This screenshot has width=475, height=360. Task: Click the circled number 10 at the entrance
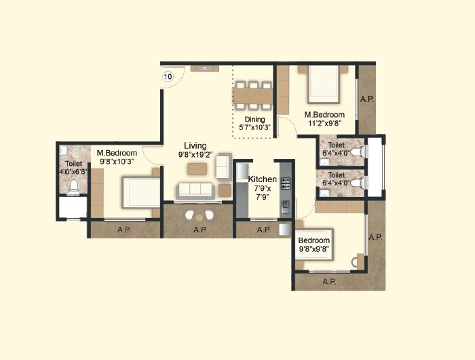pyautogui.click(x=168, y=77)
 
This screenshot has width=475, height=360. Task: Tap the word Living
pyautogui.click(x=195, y=145)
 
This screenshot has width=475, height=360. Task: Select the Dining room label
pyautogui.click(x=254, y=120)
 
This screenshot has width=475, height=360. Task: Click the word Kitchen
pyautogui.click(x=262, y=179)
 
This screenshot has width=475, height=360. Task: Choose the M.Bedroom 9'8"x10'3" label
pyautogui.click(x=116, y=158)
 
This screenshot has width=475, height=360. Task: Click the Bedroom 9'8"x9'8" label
pyautogui.click(x=313, y=245)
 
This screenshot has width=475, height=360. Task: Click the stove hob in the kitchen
pyautogui.click(x=286, y=183)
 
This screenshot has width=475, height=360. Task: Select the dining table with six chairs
pyautogui.click(x=254, y=95)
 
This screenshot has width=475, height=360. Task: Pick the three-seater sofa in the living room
pyautogui.click(x=195, y=190)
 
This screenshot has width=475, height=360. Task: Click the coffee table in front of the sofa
pyautogui.click(x=197, y=168)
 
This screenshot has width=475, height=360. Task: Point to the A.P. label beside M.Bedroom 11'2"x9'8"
pyautogui.click(x=367, y=99)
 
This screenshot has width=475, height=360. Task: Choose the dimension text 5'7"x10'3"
pyautogui.click(x=254, y=127)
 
